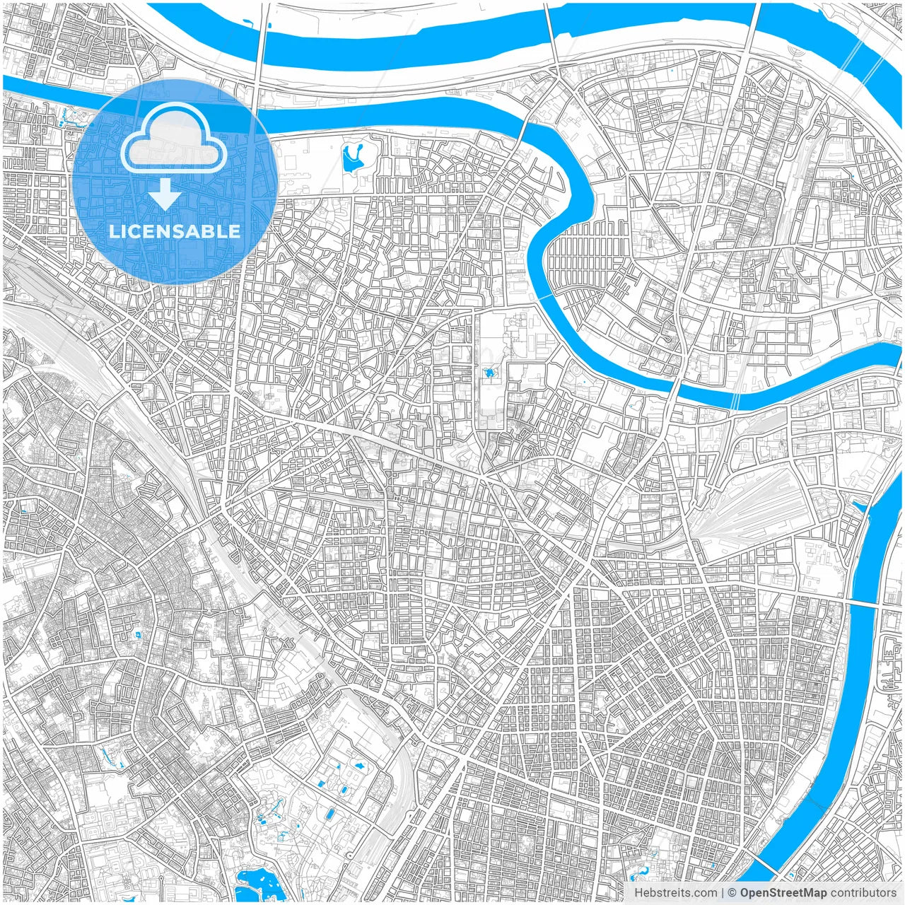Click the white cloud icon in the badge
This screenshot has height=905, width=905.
click(173, 139)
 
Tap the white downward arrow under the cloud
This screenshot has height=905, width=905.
click(165, 194)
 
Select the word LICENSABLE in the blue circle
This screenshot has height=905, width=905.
click(174, 231)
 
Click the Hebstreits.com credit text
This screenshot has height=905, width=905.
click(675, 893)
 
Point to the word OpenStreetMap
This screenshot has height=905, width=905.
click(783, 893)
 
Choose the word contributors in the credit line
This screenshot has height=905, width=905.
click(863, 893)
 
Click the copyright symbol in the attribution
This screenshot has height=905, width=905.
click(732, 893)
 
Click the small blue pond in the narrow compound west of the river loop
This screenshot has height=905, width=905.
click(489, 372)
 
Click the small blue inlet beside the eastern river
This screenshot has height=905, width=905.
click(860, 506)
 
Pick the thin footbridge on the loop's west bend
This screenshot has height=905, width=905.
click(544, 297)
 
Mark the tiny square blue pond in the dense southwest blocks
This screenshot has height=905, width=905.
click(137, 633)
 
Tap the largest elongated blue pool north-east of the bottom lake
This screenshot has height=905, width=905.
click(330, 814)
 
